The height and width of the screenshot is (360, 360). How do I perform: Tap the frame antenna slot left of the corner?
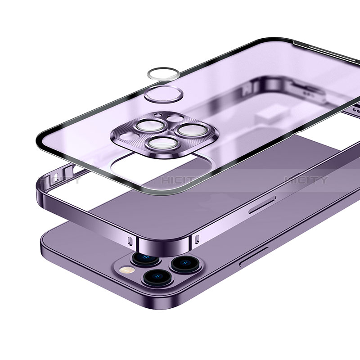point(130,239)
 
